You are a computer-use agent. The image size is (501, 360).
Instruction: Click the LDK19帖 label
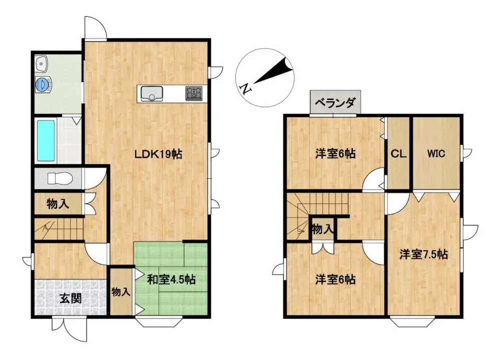pyautogui.click(x=158, y=155)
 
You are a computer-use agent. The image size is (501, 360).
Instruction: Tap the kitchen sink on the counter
pyautogui.click(x=151, y=94)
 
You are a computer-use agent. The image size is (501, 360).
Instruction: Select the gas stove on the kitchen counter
pyautogui.click(x=194, y=93)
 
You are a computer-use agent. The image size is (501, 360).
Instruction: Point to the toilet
pyautogui.click(x=59, y=178)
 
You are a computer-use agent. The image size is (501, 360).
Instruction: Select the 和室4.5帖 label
pyautogui.click(x=171, y=279)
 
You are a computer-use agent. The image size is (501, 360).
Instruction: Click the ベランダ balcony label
pyautogui.click(x=335, y=104)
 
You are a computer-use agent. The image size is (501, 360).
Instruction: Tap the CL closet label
pyautogui.click(x=398, y=154)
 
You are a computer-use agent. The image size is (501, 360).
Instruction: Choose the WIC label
pyautogui.click(x=436, y=154)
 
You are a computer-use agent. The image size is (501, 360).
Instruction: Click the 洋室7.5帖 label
pyautogui.click(x=423, y=255)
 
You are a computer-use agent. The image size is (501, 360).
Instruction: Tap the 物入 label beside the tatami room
pyautogui.click(x=121, y=291)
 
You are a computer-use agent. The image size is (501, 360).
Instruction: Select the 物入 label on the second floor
pyautogui.click(x=322, y=230)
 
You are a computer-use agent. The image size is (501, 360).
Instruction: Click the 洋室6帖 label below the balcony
pyautogui.click(x=335, y=154)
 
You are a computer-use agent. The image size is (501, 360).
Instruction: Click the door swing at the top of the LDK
pyautogui.click(x=95, y=28)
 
